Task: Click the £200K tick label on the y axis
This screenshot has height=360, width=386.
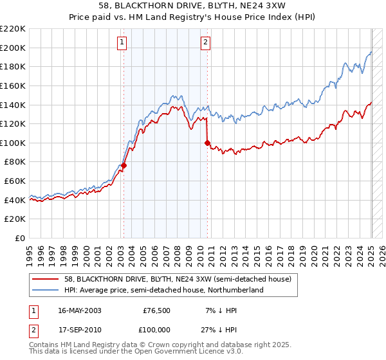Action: (13, 48)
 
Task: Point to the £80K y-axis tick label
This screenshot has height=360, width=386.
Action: (15, 162)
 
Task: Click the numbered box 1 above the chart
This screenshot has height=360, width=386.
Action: (122, 43)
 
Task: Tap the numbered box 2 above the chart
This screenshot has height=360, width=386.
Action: (205, 43)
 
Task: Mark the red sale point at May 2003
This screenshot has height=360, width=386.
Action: (124, 165)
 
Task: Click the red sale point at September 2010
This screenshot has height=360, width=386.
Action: (207, 143)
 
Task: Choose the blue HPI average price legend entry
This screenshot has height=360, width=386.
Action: (165, 291)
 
